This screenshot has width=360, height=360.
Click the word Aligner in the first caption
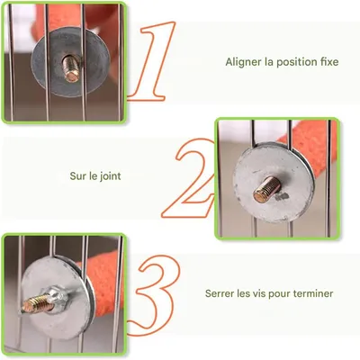pos(241,62)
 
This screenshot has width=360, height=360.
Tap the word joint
pos(109,177)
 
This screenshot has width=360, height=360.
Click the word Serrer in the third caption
pos(220,293)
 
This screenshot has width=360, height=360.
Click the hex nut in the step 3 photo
pos(54,296)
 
